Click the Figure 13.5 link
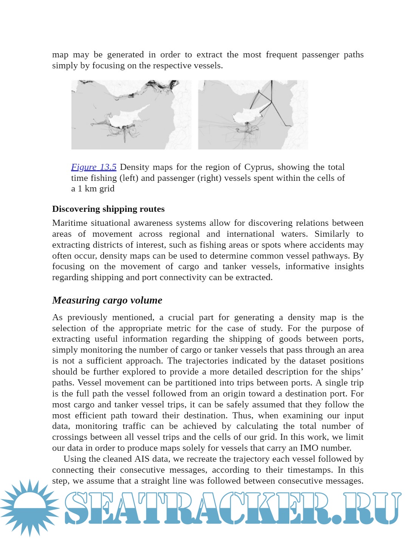click(x=94, y=167)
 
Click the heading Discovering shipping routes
click(x=108, y=209)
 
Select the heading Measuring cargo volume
click(x=107, y=300)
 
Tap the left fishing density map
click(x=131, y=114)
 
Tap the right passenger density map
click(x=253, y=114)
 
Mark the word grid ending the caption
click(x=107, y=189)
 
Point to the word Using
click(x=74, y=459)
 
